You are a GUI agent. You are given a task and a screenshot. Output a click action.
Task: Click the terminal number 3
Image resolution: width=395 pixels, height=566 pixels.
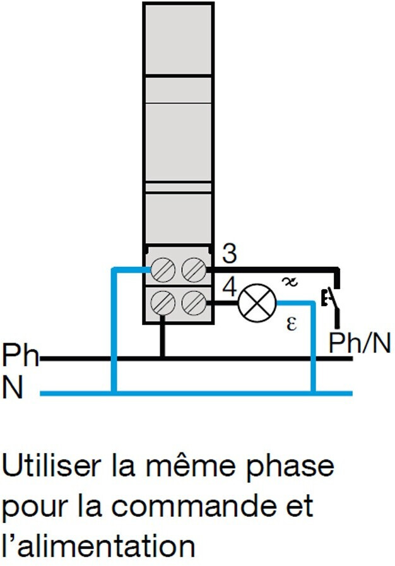click(230, 254)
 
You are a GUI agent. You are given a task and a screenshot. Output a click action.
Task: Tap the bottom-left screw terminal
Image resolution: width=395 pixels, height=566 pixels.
click(162, 304)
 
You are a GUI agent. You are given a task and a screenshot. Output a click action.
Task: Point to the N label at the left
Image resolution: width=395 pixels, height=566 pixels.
click(13, 388)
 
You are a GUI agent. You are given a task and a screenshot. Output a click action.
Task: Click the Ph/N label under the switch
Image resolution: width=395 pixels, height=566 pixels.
click(360, 344)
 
